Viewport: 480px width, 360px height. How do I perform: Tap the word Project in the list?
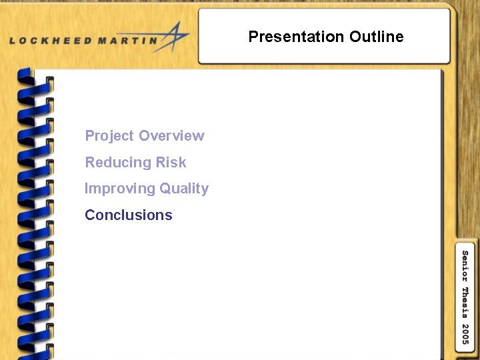click(109, 137)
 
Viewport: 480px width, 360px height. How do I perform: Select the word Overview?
click(171, 136)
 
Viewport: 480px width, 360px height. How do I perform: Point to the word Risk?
click(171, 163)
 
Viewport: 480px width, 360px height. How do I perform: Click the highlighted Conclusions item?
click(129, 215)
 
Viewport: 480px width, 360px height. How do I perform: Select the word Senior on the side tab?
click(465, 267)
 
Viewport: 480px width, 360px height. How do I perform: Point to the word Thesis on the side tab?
click(465, 301)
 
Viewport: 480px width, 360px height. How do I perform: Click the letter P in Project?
click(90, 136)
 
